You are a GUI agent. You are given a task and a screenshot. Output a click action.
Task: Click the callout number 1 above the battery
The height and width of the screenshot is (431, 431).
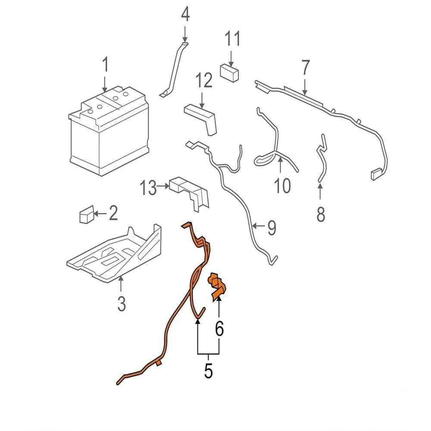coord(105,64)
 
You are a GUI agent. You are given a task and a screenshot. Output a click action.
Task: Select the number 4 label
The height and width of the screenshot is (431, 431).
coord(185,14)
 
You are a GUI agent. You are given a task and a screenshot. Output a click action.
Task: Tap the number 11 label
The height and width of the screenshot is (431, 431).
coord(233,38)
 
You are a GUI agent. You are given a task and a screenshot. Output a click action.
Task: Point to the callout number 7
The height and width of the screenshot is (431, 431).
coord(306,67)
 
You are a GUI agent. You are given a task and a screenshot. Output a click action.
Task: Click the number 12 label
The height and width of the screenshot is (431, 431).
coord(204,80)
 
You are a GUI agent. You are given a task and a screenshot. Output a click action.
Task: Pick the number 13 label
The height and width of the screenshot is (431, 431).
coord(148,188)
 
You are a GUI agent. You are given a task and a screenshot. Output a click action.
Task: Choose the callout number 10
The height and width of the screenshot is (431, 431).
coord(283,186)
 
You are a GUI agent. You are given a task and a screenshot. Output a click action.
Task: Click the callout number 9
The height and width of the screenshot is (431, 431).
coord(272,228)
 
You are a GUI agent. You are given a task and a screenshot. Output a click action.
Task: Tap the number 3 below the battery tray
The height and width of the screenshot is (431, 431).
coord(122,303)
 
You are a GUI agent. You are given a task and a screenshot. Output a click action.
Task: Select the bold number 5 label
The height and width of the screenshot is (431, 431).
coord(208,371)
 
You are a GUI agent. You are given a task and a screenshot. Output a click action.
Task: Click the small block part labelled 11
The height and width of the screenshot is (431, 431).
coord(230,73)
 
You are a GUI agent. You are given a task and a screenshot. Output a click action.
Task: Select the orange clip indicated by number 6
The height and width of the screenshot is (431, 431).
coord(218,287)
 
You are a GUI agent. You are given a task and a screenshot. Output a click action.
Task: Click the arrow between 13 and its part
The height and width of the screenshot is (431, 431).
coord(163,186)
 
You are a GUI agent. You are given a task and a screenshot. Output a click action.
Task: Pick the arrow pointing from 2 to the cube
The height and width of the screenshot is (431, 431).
coord(100,213)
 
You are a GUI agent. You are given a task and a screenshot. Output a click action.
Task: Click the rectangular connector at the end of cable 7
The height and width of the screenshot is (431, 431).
coord(376,175)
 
